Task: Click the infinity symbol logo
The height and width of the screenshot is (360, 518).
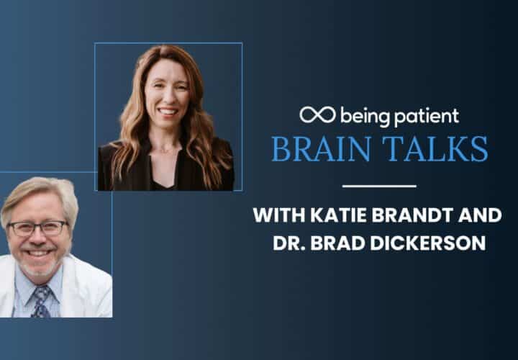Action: tap(317, 114)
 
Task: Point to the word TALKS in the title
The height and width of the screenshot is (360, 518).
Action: tap(435, 148)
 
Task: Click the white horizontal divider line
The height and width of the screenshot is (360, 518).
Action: tap(379, 186)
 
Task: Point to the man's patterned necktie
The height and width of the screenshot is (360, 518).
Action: tap(41, 302)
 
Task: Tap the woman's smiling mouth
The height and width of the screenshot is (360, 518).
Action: tap(168, 112)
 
